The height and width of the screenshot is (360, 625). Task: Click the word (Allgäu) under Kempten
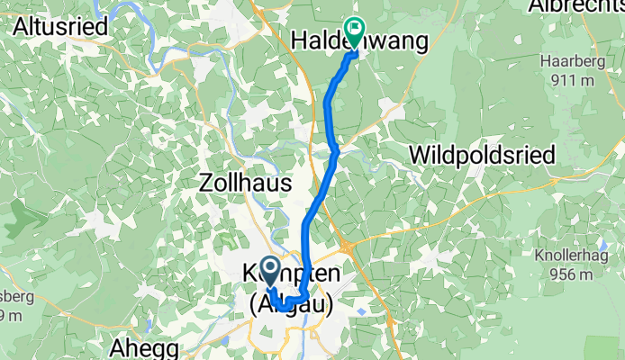click(290, 304)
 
